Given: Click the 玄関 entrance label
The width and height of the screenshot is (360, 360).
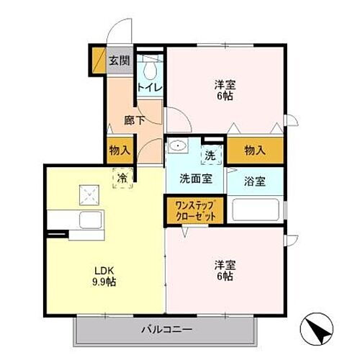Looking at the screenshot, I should click(119, 60).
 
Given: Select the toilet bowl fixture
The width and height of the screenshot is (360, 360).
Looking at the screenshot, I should click(150, 69).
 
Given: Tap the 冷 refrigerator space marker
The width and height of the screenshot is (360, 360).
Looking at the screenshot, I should click(122, 176).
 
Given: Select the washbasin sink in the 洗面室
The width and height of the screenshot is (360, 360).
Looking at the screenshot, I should click(176, 147).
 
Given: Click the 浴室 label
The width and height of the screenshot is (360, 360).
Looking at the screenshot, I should click(255, 181).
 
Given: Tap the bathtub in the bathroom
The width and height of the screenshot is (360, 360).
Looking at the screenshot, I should click(256, 211).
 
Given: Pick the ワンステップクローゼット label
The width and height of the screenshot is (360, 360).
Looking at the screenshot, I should click(195, 210).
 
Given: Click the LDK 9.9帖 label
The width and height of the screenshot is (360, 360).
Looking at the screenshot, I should click(105, 277).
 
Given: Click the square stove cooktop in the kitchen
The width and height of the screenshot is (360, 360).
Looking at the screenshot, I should click(90, 193).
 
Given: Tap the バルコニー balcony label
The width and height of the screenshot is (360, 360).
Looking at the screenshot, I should click(165, 330).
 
